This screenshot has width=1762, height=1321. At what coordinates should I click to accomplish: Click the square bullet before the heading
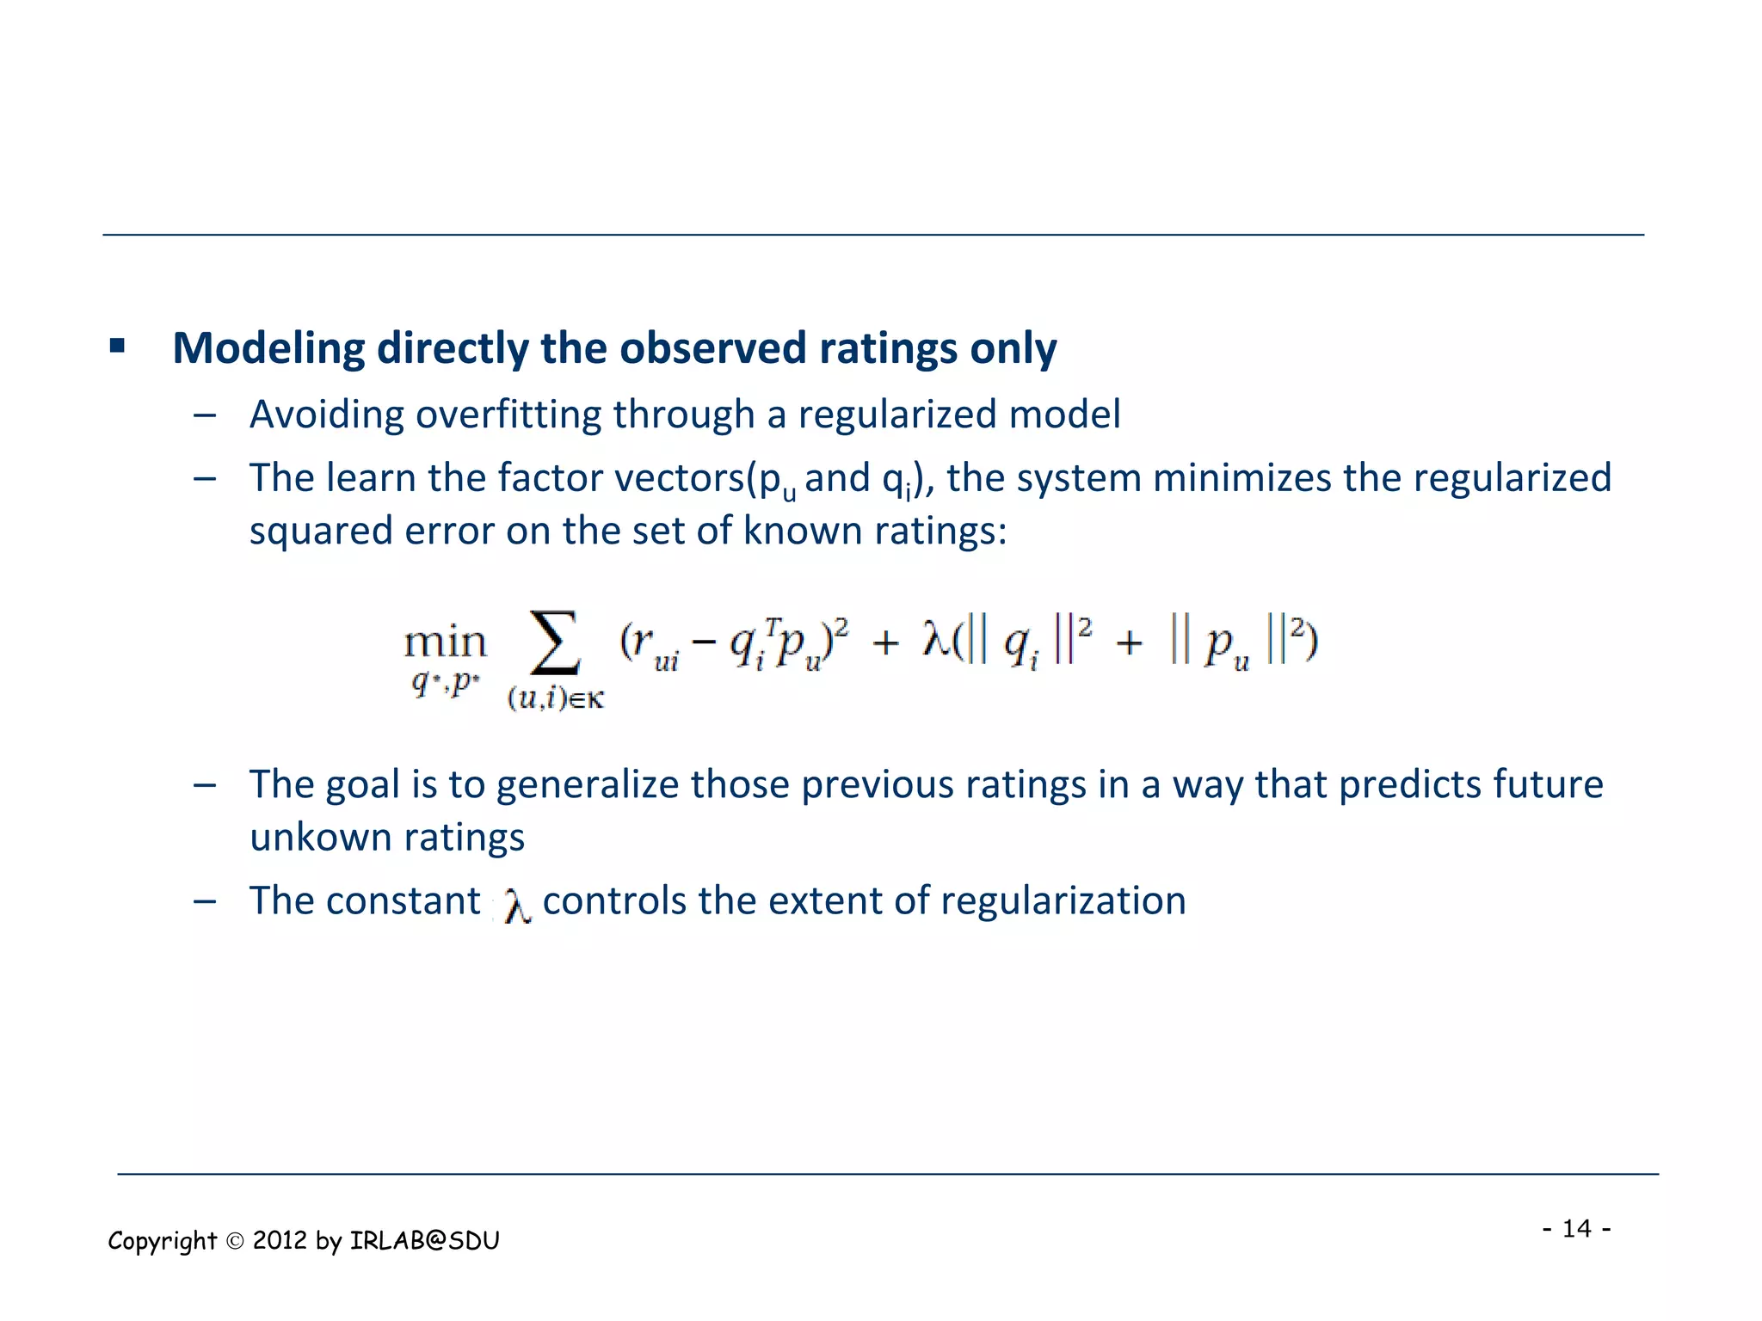[x=118, y=347]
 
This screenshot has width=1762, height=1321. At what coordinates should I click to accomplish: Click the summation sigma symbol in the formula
[x=555, y=642]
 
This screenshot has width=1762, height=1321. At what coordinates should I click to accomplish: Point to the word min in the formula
[x=445, y=642]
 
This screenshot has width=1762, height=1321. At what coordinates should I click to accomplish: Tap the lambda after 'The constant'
[x=516, y=905]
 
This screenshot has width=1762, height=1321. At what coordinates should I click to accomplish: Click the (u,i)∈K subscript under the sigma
[x=556, y=697]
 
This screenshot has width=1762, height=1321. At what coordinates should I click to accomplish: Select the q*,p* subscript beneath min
[x=445, y=683]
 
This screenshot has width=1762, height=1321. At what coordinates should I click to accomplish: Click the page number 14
[x=1576, y=1228]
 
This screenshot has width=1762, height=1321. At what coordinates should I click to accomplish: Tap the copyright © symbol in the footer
[x=235, y=1241]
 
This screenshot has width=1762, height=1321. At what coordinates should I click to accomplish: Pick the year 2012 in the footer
[x=280, y=1241]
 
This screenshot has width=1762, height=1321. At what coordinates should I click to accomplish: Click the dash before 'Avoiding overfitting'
[x=205, y=415]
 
